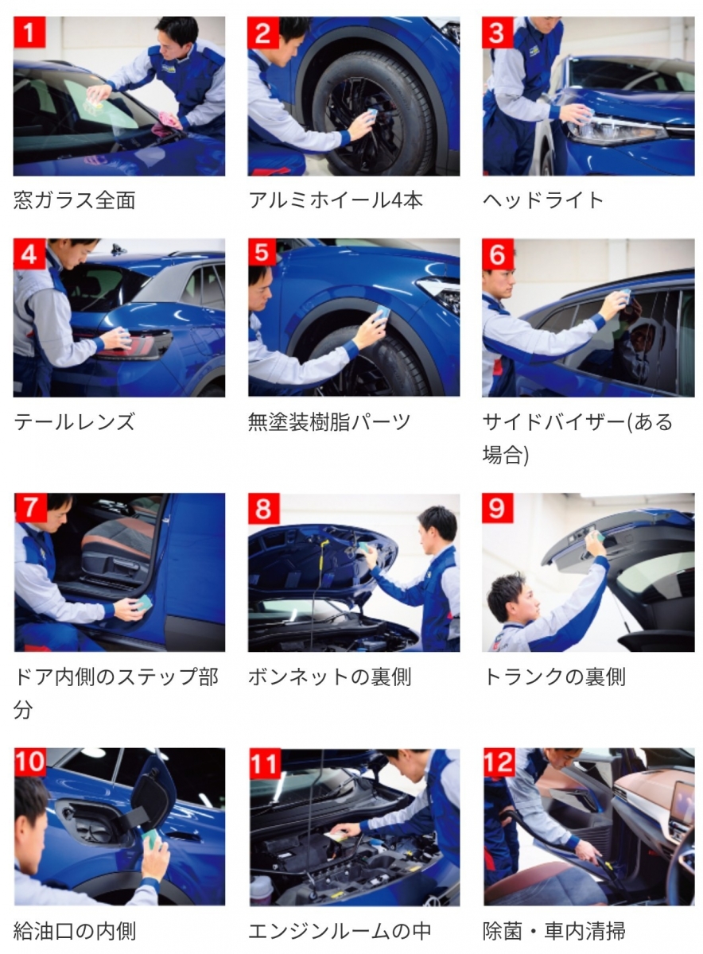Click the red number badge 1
pos(29,33)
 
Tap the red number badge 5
pos(262,253)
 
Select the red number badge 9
pos(498,508)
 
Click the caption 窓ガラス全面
pos(75,200)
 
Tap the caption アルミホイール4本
pos(336,200)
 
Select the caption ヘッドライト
pos(543,200)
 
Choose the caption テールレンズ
pos(75,422)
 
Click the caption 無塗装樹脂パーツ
pos(329,422)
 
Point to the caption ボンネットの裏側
pos(330,677)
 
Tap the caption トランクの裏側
pos(554,677)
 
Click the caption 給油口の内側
pos(75,931)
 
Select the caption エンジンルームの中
pos(340,931)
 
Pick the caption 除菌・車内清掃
pos(554,931)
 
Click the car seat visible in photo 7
pos(117,553)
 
